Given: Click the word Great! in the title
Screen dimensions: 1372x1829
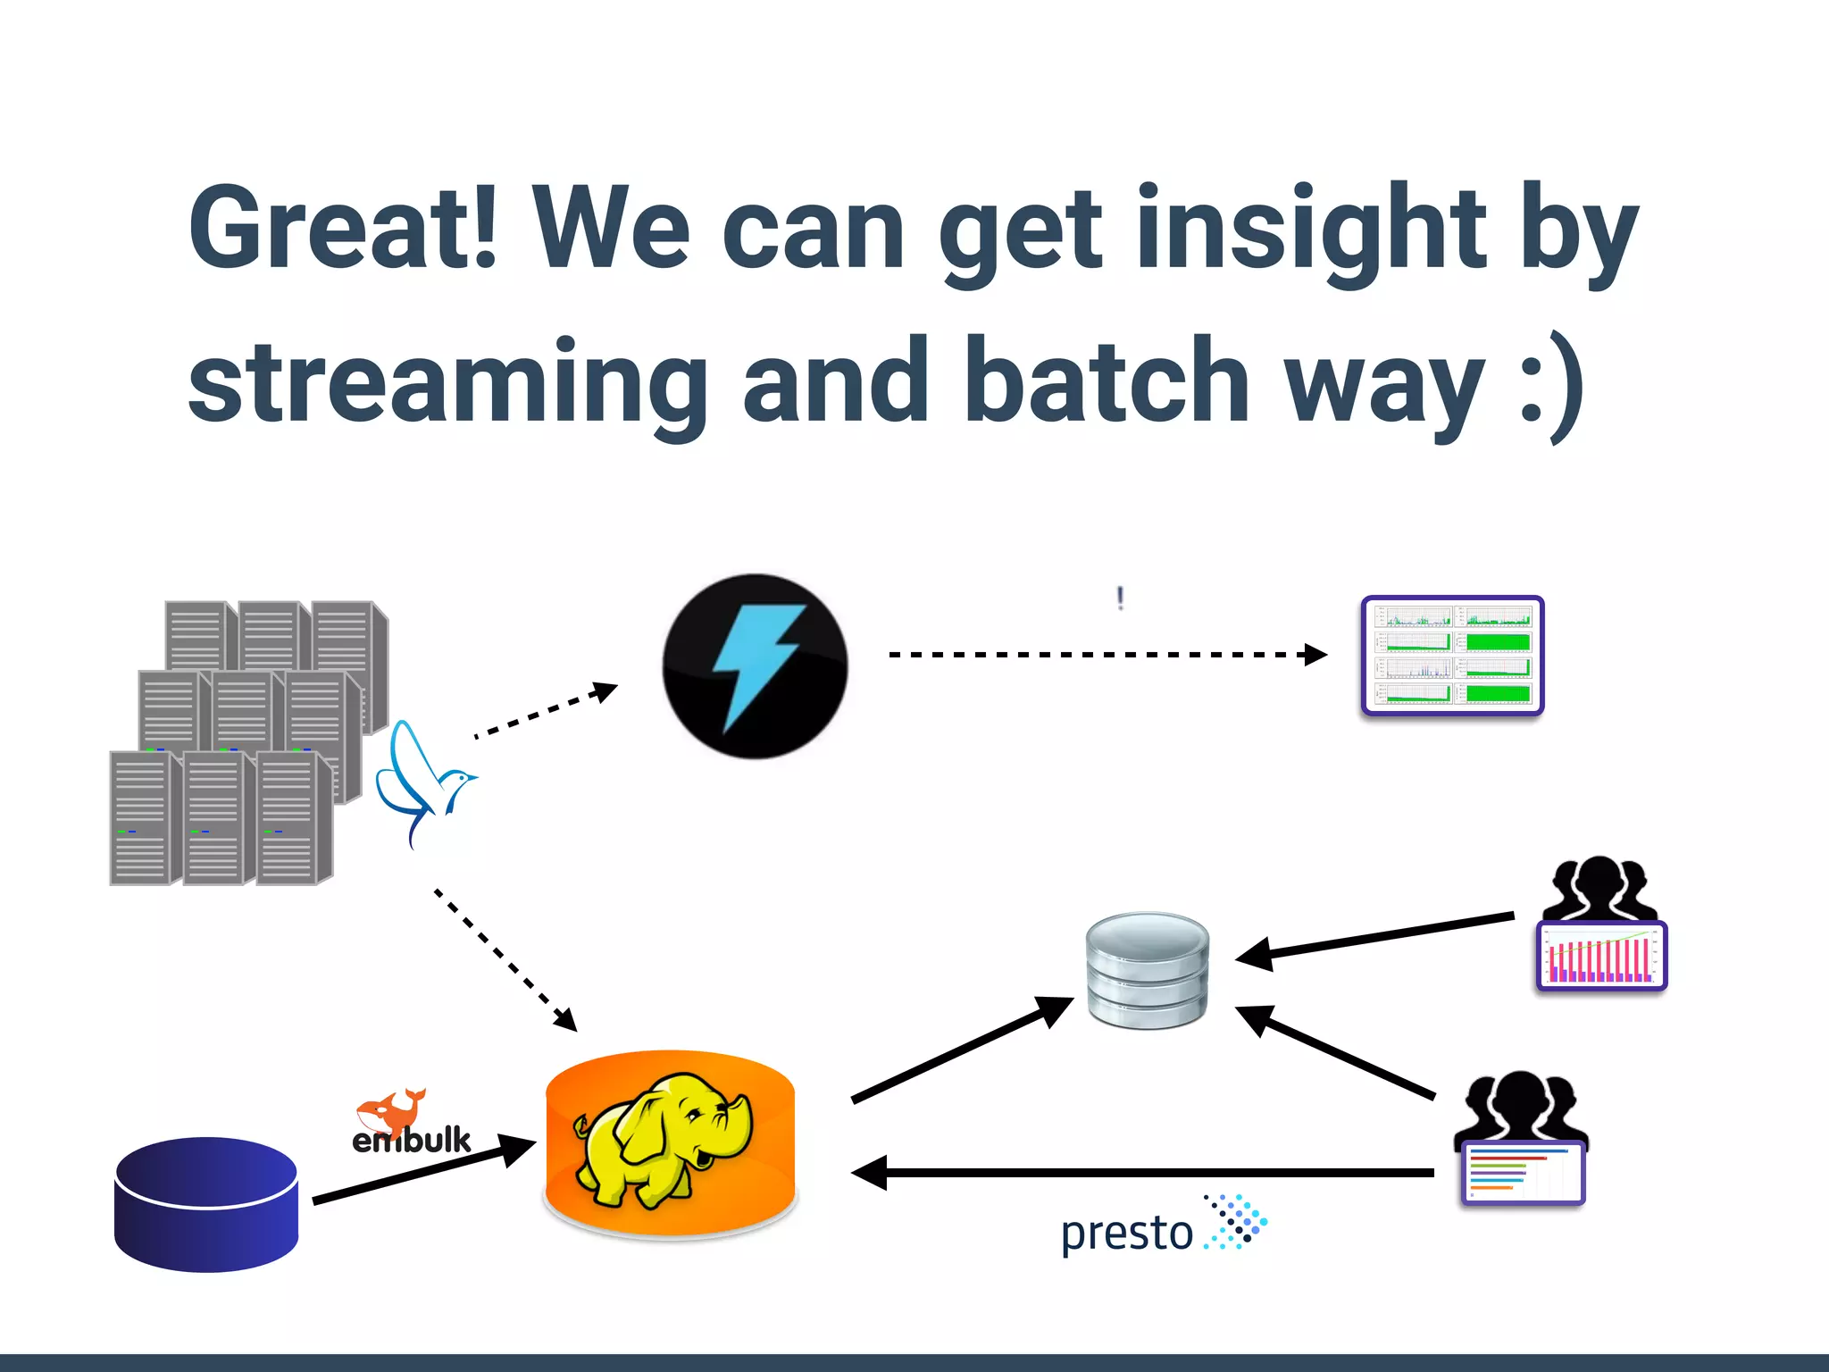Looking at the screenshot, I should click(343, 228).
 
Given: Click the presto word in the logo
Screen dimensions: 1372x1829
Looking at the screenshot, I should click(1126, 1234).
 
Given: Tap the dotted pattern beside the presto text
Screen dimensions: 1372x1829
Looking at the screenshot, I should click(1237, 1221).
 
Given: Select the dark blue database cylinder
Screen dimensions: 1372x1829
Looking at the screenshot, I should click(206, 1203).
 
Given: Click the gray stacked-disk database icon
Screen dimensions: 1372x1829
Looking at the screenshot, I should click(1148, 970).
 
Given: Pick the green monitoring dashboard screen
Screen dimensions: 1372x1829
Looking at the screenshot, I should click(1453, 655).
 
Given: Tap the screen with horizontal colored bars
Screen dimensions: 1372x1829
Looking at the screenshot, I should click(1523, 1173).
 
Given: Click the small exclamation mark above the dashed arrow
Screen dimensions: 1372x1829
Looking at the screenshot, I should click(1121, 598).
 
